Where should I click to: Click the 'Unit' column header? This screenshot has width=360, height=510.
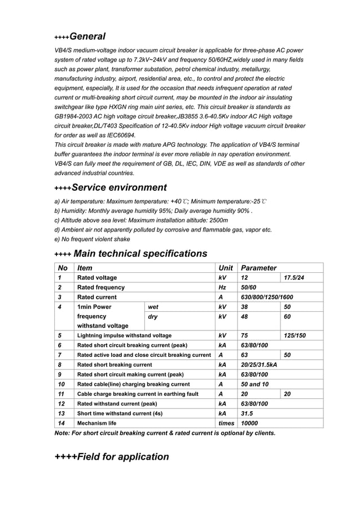(225, 268)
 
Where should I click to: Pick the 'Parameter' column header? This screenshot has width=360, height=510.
(258, 268)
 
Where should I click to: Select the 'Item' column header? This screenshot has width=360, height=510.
(85, 268)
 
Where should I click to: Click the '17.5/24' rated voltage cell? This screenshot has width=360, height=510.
(295, 278)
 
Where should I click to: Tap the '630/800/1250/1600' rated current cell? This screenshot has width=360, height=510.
(267, 297)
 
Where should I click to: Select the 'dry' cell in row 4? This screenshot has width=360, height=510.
(152, 317)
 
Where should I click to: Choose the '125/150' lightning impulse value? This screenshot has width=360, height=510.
(295, 335)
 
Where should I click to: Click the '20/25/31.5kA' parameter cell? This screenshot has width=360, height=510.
(259, 365)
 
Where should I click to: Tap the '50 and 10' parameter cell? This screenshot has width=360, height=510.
(254, 384)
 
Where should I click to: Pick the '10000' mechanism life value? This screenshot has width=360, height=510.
(249, 423)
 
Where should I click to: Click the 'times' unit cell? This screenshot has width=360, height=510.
(226, 423)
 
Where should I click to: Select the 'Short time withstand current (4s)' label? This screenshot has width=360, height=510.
(120, 413)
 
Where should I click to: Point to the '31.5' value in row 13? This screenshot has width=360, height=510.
(247, 413)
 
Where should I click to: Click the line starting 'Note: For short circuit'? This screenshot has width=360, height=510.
(165, 433)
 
